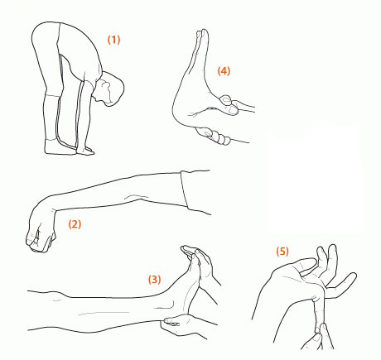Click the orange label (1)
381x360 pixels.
[113, 40]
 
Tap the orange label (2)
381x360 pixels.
[75, 223]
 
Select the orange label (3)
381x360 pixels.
[154, 280]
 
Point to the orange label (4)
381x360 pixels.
[224, 71]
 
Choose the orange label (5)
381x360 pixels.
[282, 252]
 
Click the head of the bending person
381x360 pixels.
[109, 89]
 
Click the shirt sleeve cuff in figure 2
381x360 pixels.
[185, 190]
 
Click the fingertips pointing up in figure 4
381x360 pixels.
[202, 34]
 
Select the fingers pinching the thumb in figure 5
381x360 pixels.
[317, 338]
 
